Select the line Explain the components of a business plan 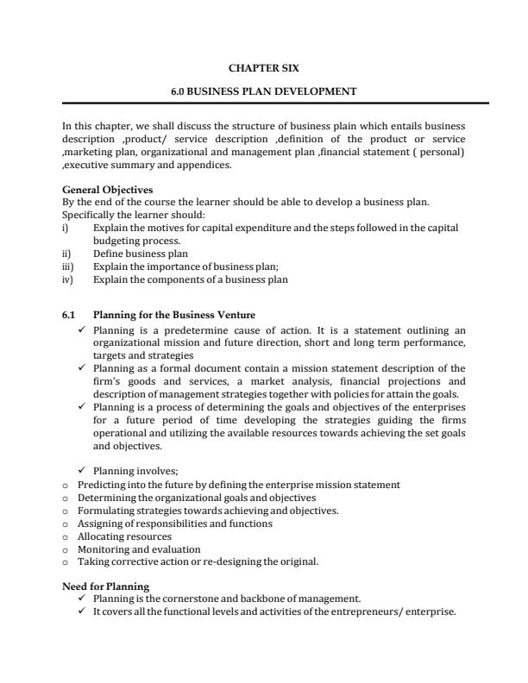pos(190,279)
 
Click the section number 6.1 pos(69,315)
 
